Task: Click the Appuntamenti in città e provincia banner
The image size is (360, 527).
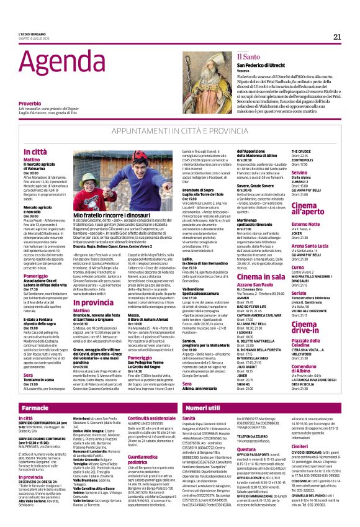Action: pos(180,132)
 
